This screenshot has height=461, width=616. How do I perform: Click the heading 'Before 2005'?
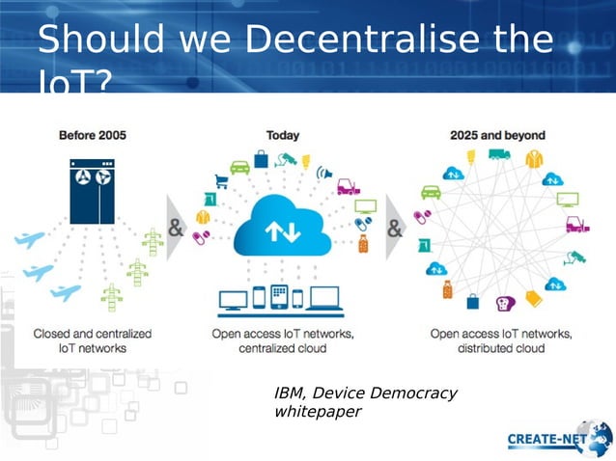pyautogui.click(x=93, y=135)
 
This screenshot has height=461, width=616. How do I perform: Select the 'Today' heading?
pyautogui.click(x=282, y=135)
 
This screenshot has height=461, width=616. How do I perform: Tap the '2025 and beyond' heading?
pyautogui.click(x=497, y=135)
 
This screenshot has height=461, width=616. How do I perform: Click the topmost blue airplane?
pyautogui.click(x=31, y=239)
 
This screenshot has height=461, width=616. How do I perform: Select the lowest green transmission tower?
pyautogui.click(x=112, y=296)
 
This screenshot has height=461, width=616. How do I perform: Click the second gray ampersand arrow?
pyautogui.click(x=397, y=230)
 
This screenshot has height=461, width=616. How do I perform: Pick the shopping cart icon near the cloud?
pyautogui.click(x=221, y=180)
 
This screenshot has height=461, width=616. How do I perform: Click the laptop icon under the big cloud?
pyautogui.click(x=324, y=300)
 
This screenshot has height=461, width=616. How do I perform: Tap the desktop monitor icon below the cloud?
pyautogui.click(x=234, y=300)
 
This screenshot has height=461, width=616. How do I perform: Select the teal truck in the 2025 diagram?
pyautogui.click(x=498, y=154)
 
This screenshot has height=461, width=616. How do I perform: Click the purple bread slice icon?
pyautogui.click(x=503, y=304)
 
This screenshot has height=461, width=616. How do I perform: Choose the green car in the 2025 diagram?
pyautogui.click(x=431, y=192)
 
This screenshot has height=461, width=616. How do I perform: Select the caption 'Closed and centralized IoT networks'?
pyautogui.click(x=93, y=340)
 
